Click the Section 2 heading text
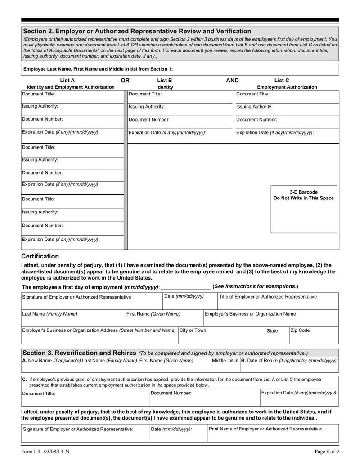(137, 31)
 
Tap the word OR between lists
(126, 81)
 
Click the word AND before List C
(232, 81)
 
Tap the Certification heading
(40, 256)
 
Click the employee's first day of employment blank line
(185, 287)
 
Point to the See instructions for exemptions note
(255, 286)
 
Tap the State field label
(272, 331)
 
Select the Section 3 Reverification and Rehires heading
(79, 353)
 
